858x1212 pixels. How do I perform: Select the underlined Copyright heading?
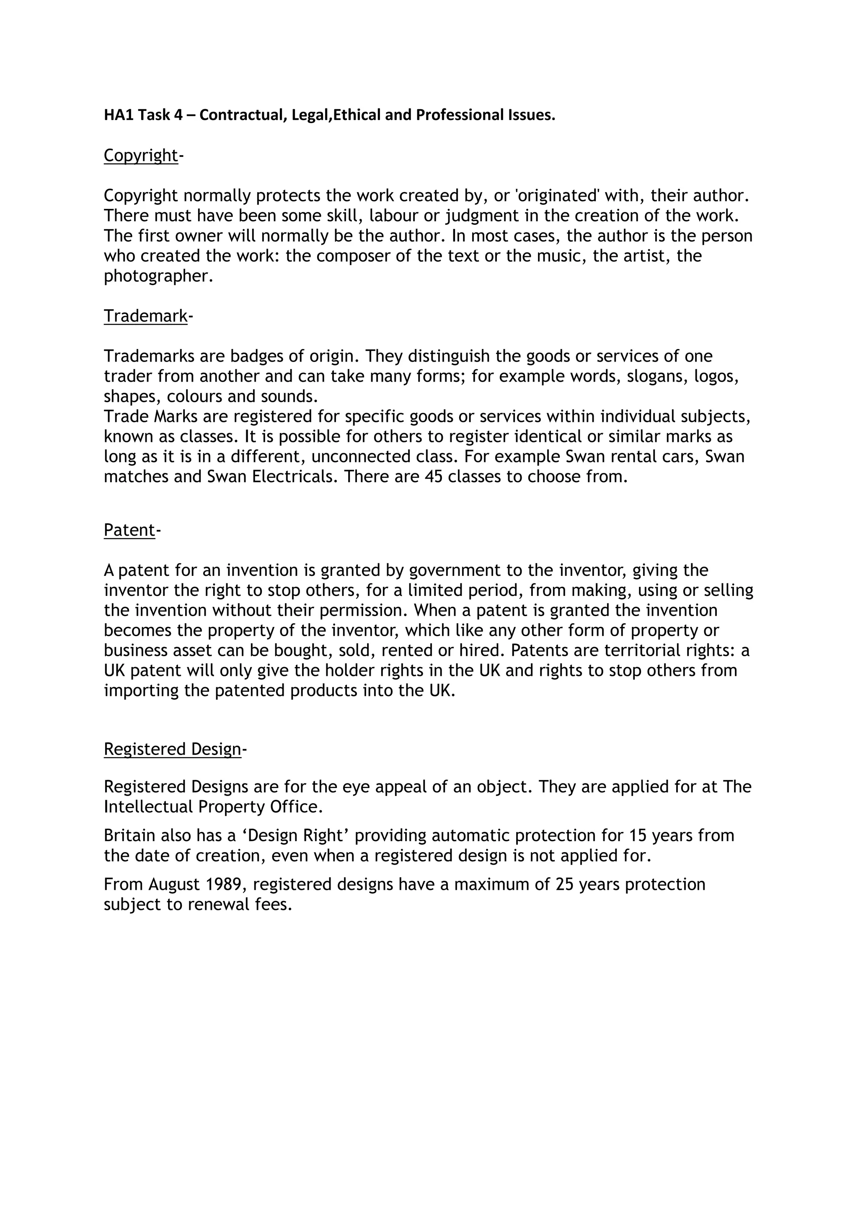click(140, 155)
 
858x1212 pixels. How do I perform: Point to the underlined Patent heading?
click(129, 529)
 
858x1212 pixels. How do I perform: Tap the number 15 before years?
click(638, 836)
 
